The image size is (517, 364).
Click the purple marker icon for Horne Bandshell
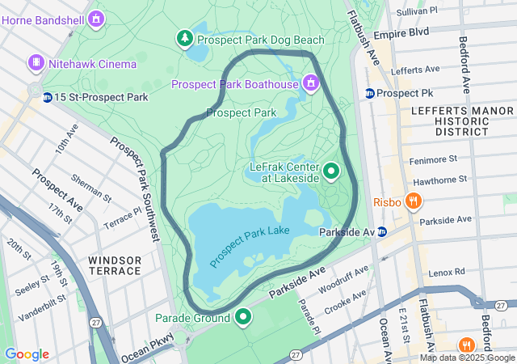point(97,17)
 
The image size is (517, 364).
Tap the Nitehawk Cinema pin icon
point(36,62)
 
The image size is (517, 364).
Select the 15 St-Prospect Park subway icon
point(48,98)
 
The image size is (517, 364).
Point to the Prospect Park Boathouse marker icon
point(310,83)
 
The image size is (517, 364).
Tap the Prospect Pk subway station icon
point(369,93)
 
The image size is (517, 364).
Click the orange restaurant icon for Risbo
point(414,201)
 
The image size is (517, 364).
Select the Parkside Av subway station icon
point(382,232)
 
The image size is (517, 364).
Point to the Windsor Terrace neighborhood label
point(115,265)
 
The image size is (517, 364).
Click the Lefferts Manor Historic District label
point(450,120)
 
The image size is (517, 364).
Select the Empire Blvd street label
point(406,34)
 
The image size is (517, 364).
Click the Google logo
point(27,354)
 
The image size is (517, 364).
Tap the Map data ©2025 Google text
point(468,358)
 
